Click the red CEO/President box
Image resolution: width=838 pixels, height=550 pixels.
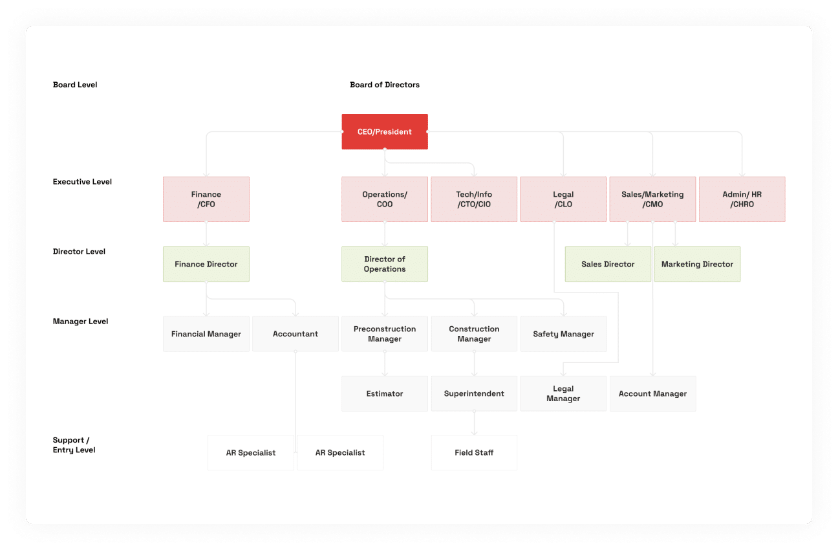coord(385,132)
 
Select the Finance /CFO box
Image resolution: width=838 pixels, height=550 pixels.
coord(206,199)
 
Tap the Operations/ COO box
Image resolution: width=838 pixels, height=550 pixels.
coord(385,199)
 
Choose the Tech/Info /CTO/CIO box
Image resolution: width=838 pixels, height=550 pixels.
coord(474,199)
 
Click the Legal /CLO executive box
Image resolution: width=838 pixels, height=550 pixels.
coord(563,199)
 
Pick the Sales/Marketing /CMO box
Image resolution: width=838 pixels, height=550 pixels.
coord(653,199)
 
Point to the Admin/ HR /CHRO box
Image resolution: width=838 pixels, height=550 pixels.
coord(742,199)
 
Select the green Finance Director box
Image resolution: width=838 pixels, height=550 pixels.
coord(206,264)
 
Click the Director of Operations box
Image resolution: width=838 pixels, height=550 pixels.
coord(385,264)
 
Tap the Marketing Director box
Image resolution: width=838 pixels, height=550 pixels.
coord(697,264)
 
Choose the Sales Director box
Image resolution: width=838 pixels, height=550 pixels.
coord(608,264)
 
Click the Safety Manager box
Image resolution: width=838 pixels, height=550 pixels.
coord(564,334)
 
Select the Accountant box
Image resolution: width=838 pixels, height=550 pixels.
coord(295,334)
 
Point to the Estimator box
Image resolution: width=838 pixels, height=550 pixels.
coord(385,393)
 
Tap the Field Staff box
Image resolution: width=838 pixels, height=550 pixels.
coord(474,452)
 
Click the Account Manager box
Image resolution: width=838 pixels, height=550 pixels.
coord(653,393)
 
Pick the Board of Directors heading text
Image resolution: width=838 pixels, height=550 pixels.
coord(385,85)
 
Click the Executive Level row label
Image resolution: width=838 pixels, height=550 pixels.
coord(82,182)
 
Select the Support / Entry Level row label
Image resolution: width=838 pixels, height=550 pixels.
coord(74,445)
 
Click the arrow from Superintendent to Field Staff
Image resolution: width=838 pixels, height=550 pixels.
coord(474,423)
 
